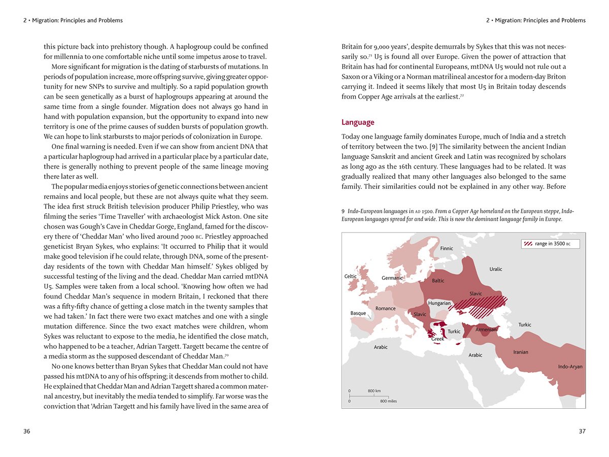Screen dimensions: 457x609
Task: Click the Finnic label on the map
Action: (447, 248)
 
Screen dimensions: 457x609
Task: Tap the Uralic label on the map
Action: (496, 269)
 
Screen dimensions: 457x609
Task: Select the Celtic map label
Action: (350, 277)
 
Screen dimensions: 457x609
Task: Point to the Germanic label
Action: (392, 278)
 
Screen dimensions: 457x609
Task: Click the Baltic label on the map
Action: (438, 281)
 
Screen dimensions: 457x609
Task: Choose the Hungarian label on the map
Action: (439, 303)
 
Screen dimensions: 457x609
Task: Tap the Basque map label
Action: (358, 313)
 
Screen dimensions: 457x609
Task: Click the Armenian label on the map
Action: (486, 330)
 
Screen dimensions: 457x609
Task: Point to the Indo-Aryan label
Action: (570, 367)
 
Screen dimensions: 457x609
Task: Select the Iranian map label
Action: (521, 352)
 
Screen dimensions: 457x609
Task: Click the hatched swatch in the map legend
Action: (528, 244)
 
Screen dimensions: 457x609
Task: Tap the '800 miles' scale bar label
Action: (388, 401)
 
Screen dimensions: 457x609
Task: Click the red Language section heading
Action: (358, 122)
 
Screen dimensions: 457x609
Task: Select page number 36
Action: (27, 432)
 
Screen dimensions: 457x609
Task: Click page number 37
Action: (582, 432)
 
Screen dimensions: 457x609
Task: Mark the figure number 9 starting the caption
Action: (343, 211)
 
